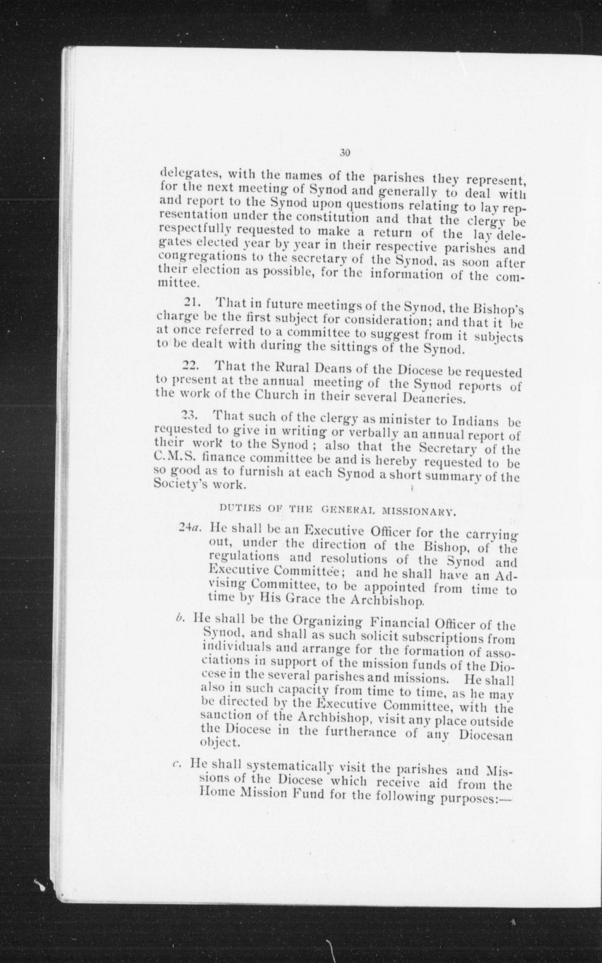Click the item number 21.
[192, 303]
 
